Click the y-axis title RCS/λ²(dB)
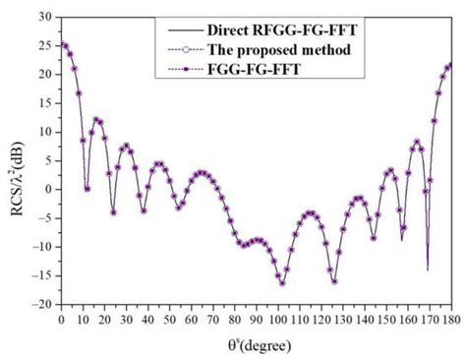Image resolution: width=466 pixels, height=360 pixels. [x=14, y=162]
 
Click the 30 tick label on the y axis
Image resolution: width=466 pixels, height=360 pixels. [x=44, y=17]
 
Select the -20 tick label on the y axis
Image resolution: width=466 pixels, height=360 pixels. [x=42, y=304]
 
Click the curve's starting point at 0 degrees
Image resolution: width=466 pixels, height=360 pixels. [x=62, y=44]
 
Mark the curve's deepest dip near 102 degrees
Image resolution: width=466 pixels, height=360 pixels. [x=282, y=284]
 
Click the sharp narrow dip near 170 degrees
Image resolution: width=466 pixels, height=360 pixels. [x=428, y=268]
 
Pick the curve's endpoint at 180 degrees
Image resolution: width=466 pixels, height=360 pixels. [x=450, y=66]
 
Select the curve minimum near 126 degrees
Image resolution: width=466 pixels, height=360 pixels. [x=334, y=281]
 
